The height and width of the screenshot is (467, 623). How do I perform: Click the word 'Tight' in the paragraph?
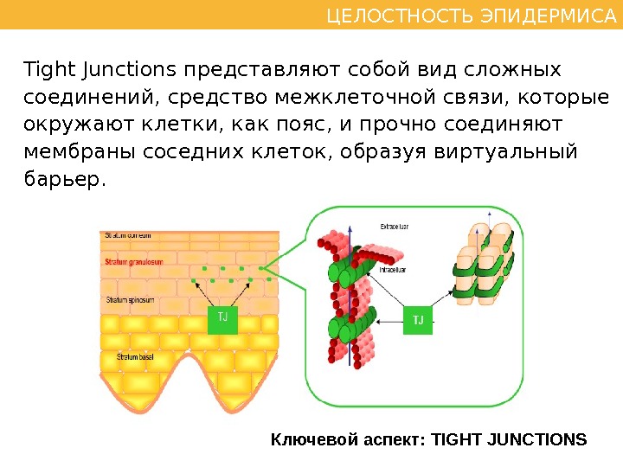pos(45,69)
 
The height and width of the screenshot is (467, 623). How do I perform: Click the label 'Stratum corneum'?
pos(128,235)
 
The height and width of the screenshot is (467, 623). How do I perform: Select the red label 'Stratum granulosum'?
pos(134,260)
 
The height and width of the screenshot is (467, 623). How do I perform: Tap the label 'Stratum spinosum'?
pos(131,300)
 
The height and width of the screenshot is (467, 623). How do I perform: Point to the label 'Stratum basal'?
pos(127,356)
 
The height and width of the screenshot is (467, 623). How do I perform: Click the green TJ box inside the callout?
pos(419,320)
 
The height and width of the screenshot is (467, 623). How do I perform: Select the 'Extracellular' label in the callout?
pos(395,227)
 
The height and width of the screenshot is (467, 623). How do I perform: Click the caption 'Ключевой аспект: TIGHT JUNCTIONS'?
pos(429,439)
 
